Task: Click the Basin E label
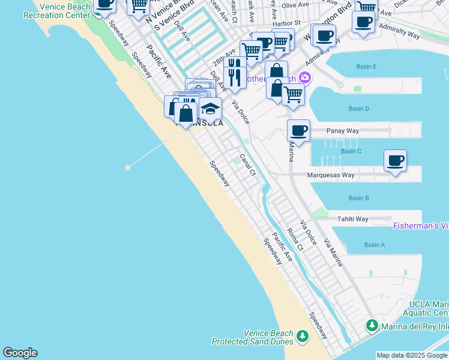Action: coord(366,67)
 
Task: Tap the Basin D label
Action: coord(358,109)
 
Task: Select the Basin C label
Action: coord(351,151)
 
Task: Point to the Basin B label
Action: coord(358,198)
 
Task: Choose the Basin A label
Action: coord(374,245)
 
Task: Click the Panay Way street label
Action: coord(342,130)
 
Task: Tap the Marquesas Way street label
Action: coord(331,175)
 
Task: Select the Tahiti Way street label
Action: coord(352,219)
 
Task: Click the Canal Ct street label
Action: coord(248,164)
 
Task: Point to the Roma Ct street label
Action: coord(293,239)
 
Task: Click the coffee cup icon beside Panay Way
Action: coord(298,130)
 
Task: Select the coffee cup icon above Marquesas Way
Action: coord(395,160)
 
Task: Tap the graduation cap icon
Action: coord(210,109)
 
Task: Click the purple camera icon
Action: coord(306,77)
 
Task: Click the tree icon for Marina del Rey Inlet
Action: coord(372,326)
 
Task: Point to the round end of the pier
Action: coord(128,167)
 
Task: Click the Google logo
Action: coord(20,353)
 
